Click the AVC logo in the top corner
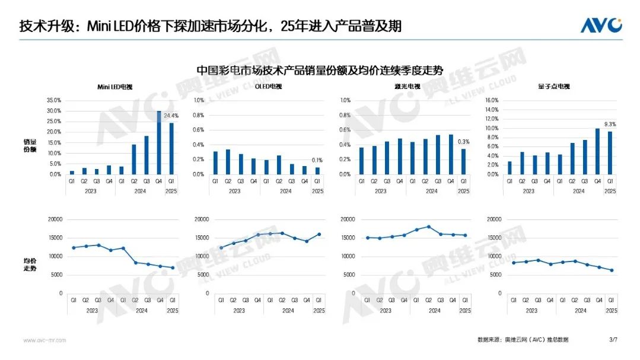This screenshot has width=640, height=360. [601, 26]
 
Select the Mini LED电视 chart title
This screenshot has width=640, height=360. [115, 87]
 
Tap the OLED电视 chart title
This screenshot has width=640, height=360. [268, 87]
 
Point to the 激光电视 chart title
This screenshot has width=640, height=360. [409, 87]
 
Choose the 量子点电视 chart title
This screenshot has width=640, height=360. [558, 87]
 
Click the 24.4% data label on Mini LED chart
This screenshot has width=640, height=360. [171, 116]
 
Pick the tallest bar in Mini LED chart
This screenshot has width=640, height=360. [159, 142]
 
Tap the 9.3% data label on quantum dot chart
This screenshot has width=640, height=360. [610, 125]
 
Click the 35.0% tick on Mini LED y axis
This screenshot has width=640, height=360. [53, 100]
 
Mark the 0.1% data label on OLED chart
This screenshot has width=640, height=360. [317, 161]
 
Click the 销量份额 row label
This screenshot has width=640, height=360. [30, 146]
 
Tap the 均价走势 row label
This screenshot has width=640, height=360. [30, 265]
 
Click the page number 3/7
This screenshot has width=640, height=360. [613, 340]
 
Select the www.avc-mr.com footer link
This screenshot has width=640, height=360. [44, 340]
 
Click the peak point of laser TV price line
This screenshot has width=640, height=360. [428, 227]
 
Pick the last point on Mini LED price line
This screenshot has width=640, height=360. [173, 268]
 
